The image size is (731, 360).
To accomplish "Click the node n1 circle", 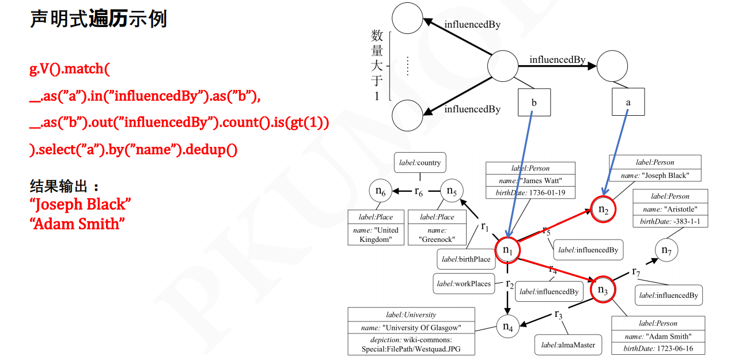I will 507,250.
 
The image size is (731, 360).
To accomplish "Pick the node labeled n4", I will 507,327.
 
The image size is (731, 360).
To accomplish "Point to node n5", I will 452,191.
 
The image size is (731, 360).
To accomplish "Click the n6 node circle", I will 380,191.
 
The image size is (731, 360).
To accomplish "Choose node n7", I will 666,250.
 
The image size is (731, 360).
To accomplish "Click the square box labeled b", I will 534,103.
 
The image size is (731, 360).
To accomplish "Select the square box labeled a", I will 628,103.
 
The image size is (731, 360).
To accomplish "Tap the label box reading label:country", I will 420,163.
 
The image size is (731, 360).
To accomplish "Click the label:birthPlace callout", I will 466,259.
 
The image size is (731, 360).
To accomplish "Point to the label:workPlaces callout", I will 464,283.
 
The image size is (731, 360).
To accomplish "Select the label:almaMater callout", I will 568,345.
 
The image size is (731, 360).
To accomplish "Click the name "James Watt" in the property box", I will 530,181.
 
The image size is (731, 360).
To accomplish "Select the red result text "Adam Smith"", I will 77,223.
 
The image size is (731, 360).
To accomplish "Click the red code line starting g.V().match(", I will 70,69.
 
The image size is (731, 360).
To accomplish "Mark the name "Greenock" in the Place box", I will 437,235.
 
